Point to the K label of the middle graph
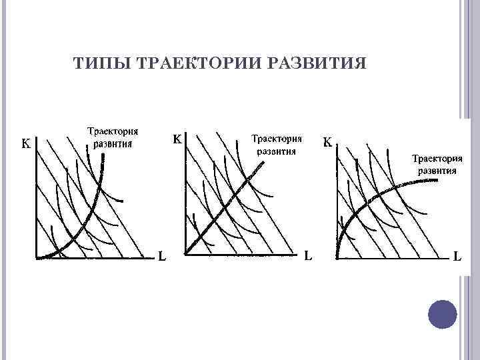[178, 140]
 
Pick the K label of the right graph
[329, 142]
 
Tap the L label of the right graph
[459, 255]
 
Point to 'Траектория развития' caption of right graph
[437, 164]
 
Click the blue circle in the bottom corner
[441, 313]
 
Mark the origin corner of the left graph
[35, 257]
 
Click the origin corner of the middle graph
[185, 253]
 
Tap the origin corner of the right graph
[337, 257]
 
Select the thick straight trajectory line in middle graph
[227, 207]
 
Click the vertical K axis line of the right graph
[337, 200]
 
